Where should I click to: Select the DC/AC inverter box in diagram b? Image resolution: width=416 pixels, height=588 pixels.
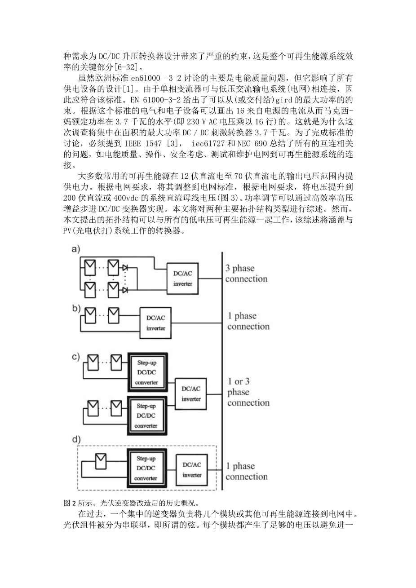click(156, 322)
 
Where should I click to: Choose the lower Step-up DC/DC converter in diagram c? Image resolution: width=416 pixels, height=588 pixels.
click(147, 416)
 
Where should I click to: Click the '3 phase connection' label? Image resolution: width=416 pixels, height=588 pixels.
click(246, 274)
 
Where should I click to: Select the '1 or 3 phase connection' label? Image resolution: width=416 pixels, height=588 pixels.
click(248, 392)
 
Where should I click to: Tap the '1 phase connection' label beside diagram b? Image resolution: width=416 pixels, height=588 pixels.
click(248, 321)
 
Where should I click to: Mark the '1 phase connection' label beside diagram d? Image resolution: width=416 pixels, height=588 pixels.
click(247, 471)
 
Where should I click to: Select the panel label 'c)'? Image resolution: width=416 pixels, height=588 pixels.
click(75, 357)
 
